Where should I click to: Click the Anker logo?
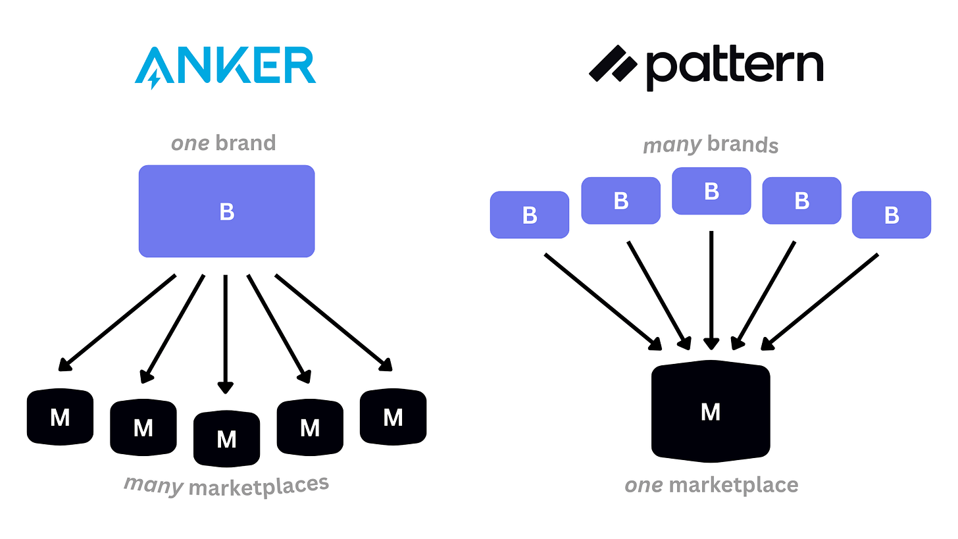(225, 66)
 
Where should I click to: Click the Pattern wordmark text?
(734, 68)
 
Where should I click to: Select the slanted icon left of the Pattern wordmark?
(613, 63)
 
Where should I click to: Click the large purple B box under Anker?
(226, 211)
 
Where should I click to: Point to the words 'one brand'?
(223, 143)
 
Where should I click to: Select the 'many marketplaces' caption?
(226, 486)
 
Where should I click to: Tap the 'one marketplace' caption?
(711, 486)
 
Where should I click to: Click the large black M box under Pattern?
(711, 411)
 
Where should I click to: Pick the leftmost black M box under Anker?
(60, 417)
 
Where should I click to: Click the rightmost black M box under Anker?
(393, 417)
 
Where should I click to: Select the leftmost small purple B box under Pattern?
(530, 215)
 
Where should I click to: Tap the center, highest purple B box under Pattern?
(711, 191)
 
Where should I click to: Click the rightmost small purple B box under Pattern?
(892, 215)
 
